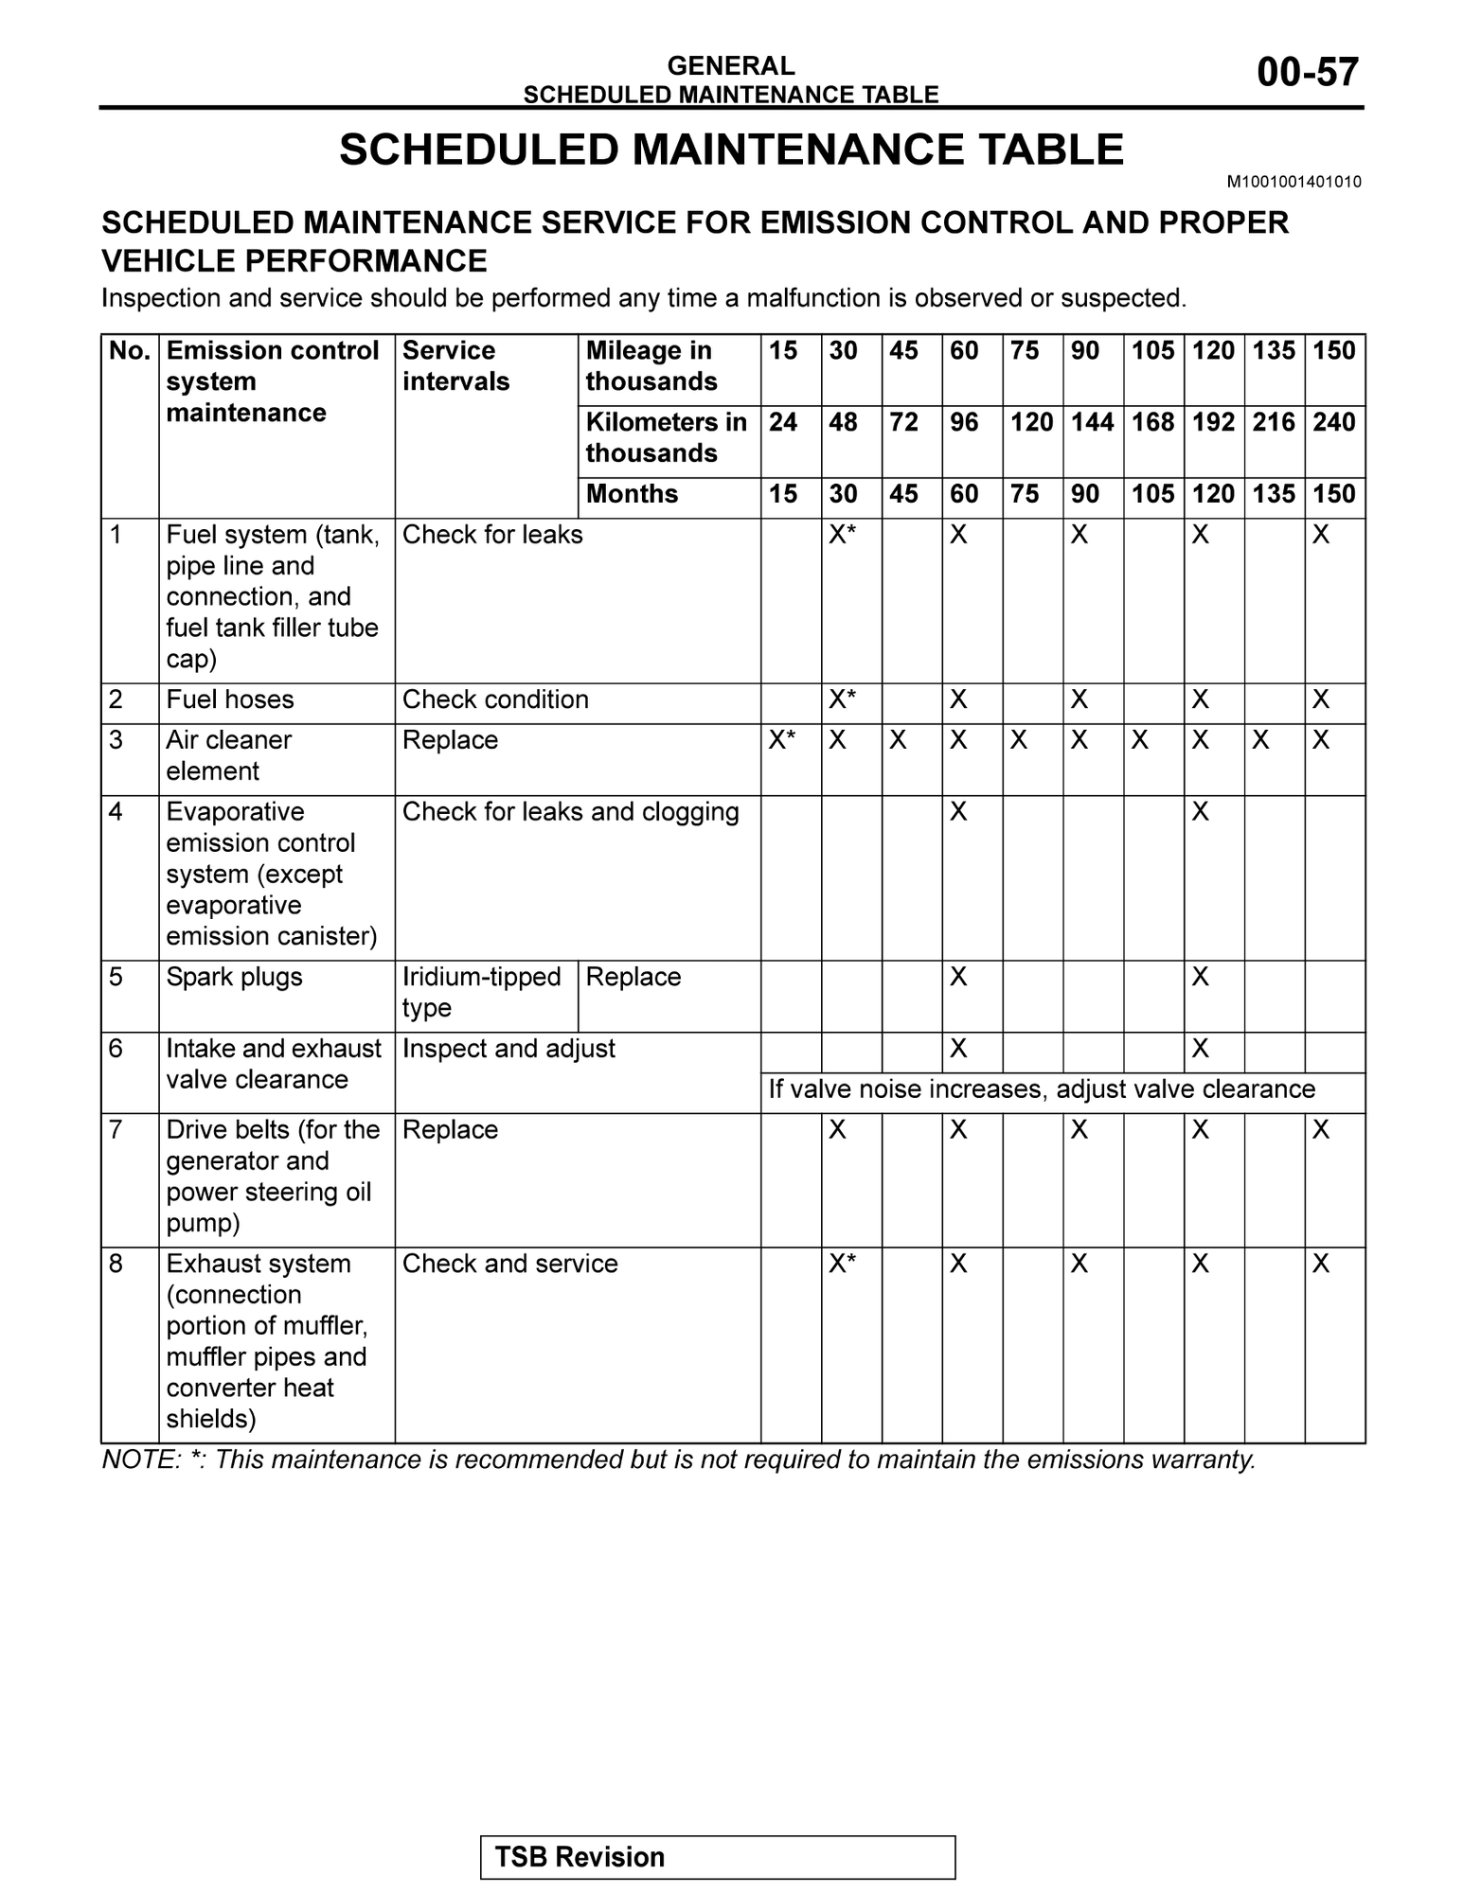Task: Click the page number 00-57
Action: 1307,73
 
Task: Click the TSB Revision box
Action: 717,1856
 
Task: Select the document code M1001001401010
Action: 1294,182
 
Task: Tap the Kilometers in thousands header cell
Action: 666,437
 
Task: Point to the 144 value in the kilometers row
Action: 1092,422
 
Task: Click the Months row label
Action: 632,494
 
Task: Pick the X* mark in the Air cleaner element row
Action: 782,740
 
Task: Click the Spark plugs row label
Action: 234,977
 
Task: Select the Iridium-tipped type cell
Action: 481,992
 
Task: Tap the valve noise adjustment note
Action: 1041,1089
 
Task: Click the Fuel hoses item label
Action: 230,699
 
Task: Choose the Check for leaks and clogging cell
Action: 570,812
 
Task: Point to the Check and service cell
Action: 509,1264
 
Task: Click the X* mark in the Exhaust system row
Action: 843,1264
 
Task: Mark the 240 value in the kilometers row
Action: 1334,422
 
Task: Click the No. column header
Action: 130,351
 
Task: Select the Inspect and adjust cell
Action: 508,1049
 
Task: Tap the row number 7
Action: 116,1130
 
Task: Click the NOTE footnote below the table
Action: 678,1460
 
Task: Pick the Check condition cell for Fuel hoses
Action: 495,699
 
